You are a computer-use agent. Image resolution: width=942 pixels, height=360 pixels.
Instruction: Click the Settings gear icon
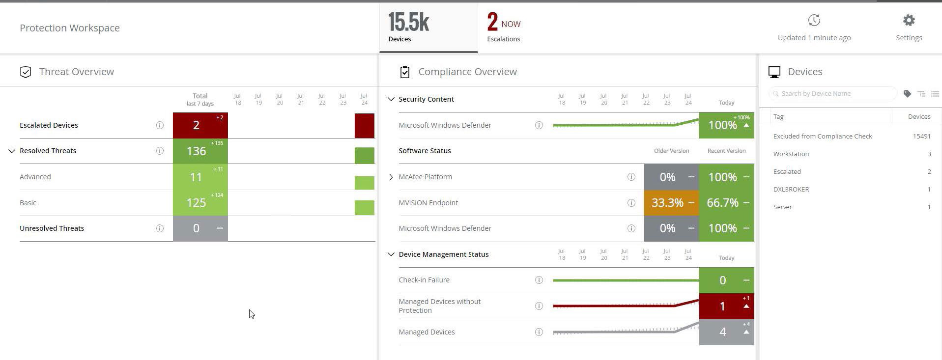pos(909,21)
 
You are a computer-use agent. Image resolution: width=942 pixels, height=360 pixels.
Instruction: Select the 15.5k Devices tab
pos(428,28)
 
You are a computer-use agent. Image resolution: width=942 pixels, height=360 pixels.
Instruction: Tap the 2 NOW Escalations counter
pos(504,28)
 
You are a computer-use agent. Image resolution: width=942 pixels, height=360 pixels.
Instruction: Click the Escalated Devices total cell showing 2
pos(200,125)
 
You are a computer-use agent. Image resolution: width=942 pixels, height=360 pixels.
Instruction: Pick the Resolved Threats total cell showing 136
pos(200,151)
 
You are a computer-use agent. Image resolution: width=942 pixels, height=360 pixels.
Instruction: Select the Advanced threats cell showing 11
pos(200,177)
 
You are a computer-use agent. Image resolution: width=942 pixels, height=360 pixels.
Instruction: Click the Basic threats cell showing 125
pos(200,202)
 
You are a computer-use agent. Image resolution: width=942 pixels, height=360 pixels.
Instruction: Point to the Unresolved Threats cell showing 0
pos(200,228)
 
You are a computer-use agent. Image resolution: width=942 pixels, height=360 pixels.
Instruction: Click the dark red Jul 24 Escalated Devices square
pos(365,126)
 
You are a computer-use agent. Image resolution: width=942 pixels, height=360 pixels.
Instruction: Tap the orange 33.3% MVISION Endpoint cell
pos(671,202)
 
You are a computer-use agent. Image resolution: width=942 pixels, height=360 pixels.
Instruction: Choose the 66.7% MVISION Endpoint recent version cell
pos(726,202)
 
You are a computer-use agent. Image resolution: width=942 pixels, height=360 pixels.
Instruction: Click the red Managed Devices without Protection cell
pos(726,306)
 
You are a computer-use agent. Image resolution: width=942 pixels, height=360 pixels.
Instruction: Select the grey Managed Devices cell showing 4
pos(726,332)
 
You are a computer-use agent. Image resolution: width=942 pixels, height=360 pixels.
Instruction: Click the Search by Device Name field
pos(832,93)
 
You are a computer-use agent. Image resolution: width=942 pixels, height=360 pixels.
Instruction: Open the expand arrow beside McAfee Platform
pos(391,177)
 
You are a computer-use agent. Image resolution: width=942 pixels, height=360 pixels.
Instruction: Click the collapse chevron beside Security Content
pos(391,99)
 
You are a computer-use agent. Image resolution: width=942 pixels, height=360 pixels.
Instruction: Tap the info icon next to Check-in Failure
pos(539,280)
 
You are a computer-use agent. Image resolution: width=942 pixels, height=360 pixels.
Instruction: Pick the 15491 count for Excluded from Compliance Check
pos(921,136)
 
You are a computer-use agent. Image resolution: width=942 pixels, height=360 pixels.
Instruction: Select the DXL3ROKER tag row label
pos(791,189)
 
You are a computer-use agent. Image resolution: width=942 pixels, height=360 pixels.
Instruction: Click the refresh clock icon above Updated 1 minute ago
pos(814,20)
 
